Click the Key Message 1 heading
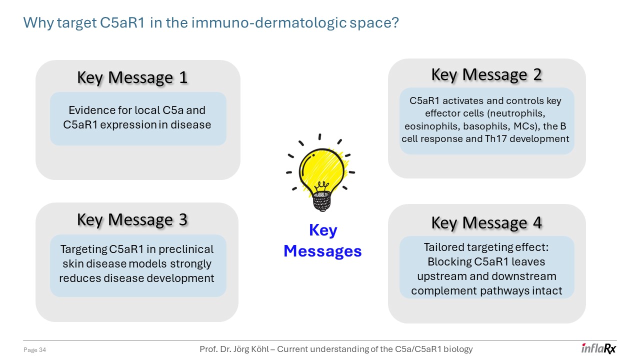(x=132, y=77)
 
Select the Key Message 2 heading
(x=486, y=74)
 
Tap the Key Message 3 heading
(x=132, y=219)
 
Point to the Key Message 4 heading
(x=486, y=222)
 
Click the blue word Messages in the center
(x=322, y=251)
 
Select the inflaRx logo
(x=598, y=348)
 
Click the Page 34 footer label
(x=35, y=350)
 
